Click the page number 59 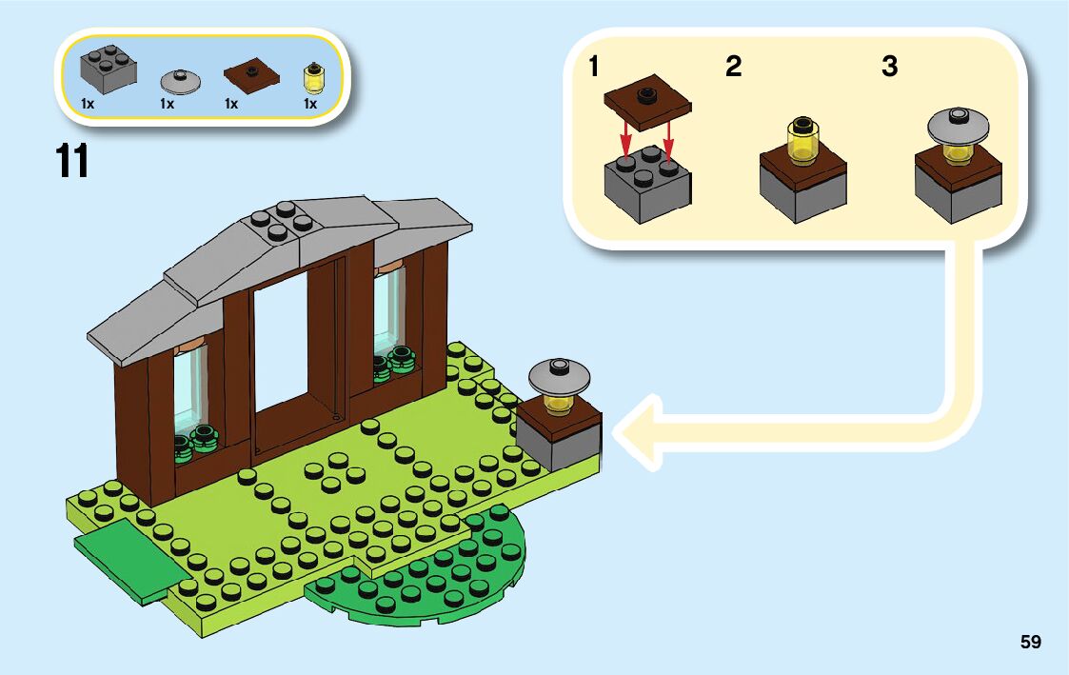(1030, 643)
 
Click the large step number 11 (72, 161)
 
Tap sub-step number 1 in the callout (594, 68)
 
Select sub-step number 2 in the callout (733, 68)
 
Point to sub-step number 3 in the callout (889, 68)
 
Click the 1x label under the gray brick (88, 103)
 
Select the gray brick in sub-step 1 (647, 186)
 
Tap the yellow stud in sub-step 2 (804, 142)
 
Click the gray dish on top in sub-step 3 (958, 125)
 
